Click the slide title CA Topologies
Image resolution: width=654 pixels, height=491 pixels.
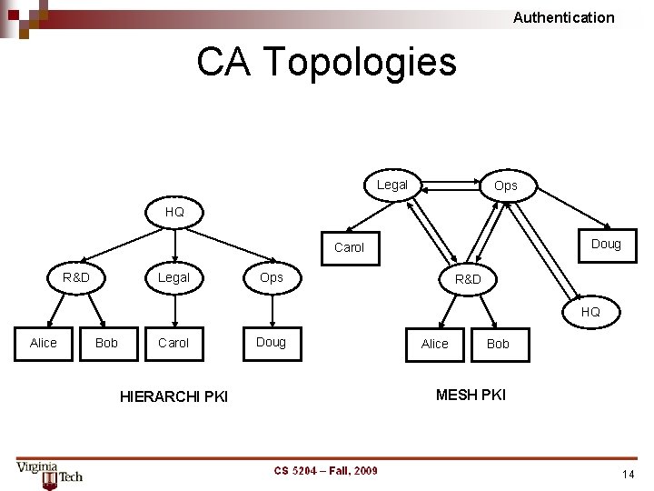point(326,62)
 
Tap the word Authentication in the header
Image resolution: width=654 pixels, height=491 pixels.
point(563,17)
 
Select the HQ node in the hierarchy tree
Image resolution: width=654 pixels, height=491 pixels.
point(174,212)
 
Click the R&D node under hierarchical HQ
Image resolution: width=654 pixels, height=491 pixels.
point(76,277)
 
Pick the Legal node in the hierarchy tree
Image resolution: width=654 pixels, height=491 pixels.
point(173,277)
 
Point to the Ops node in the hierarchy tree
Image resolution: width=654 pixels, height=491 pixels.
point(271,277)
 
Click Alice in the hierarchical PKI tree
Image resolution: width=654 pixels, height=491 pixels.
point(43,343)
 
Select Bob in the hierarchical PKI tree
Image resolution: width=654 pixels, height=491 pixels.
point(106,343)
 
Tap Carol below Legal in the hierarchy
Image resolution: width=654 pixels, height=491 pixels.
point(173,343)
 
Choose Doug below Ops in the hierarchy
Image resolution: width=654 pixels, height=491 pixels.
point(271,342)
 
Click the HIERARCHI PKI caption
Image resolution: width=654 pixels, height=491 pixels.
point(173,396)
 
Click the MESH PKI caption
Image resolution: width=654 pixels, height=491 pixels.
point(471,395)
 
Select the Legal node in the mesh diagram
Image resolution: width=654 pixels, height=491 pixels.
point(392,185)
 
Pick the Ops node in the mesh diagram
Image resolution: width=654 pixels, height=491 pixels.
point(506,185)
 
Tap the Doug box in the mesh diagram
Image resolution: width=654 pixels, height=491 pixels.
point(606,244)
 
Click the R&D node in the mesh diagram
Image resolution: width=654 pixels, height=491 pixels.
point(468,279)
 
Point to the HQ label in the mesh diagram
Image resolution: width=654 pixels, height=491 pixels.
point(590,312)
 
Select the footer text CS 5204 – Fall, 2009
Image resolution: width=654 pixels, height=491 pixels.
point(326,470)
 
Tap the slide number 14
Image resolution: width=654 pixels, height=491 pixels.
point(628,475)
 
